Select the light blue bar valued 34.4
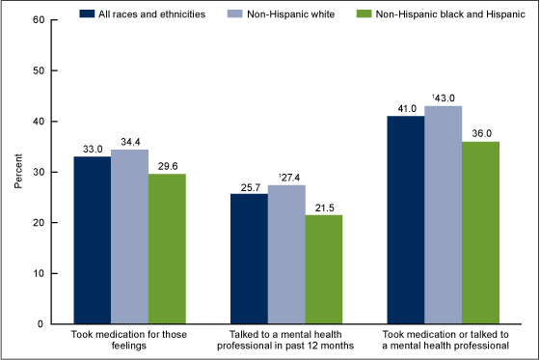[129, 236]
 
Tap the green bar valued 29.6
[167, 248]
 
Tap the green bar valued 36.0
[479, 233]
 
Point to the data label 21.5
[323, 208]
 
